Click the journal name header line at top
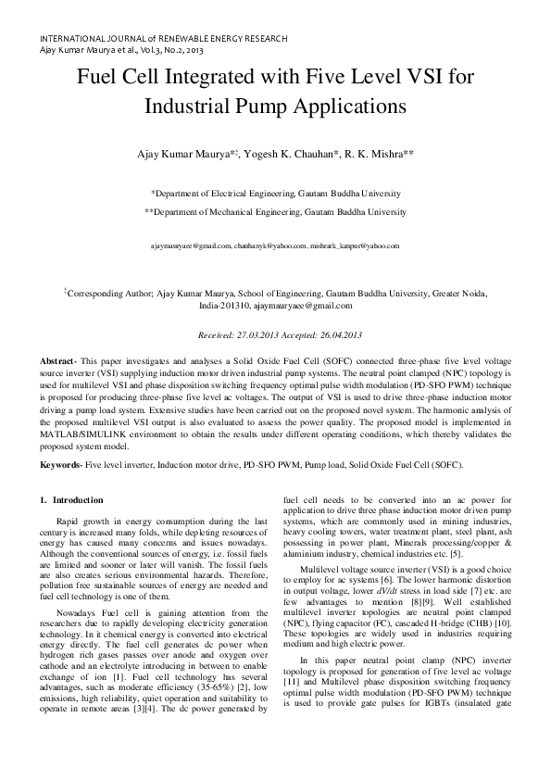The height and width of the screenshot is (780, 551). (x=163, y=38)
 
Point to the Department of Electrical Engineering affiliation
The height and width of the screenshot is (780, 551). (x=275, y=194)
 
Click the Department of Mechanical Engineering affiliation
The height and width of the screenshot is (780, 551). (x=275, y=212)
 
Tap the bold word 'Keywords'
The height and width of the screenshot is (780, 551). (x=61, y=463)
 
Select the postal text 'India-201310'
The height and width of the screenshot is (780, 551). (x=226, y=305)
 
